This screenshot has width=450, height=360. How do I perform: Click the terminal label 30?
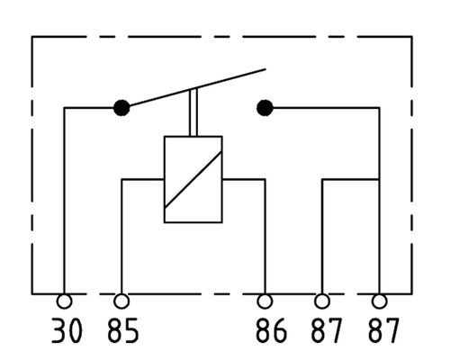[67, 330]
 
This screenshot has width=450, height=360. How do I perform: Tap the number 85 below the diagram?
[123, 330]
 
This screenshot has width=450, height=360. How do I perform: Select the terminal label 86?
[271, 330]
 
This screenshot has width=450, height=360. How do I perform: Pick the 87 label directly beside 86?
[327, 330]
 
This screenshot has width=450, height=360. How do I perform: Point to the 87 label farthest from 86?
[383, 330]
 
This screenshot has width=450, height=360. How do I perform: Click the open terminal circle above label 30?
[64, 301]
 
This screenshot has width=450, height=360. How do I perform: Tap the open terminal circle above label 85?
[121, 301]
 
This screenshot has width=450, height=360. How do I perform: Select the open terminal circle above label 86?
[265, 301]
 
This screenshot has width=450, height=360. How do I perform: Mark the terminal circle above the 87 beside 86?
[322, 301]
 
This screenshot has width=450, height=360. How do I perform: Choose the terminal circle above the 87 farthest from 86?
[380, 301]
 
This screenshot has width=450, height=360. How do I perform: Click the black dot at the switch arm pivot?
[121, 108]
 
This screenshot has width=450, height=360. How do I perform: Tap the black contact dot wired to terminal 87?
[265, 108]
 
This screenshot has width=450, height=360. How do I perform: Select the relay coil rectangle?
[164, 179]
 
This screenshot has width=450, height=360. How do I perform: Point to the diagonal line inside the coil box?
[193, 179]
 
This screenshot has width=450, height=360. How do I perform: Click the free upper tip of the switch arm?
[265, 69]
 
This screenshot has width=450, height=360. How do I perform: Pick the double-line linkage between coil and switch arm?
[193, 112]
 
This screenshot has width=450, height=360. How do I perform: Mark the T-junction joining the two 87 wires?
[380, 179]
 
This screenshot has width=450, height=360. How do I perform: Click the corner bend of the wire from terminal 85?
[121, 179]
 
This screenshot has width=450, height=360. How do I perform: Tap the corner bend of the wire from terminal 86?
[265, 179]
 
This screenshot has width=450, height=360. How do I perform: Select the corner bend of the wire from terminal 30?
[64, 108]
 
